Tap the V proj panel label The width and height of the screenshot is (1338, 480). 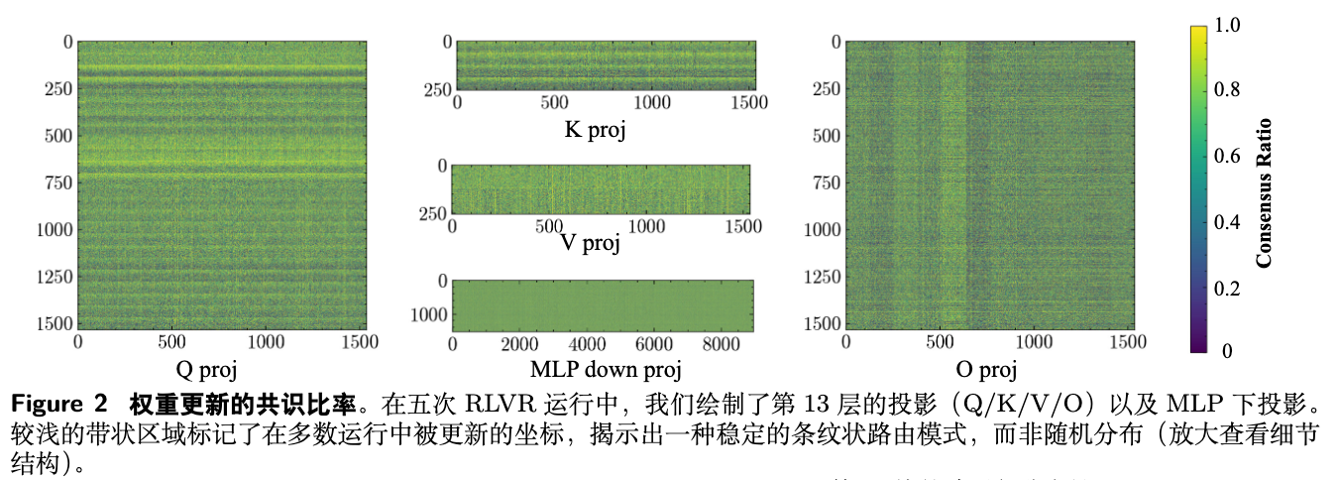(x=590, y=243)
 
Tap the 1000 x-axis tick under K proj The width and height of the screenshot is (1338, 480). (x=652, y=102)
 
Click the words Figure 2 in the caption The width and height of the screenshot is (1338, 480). (x=58, y=405)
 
